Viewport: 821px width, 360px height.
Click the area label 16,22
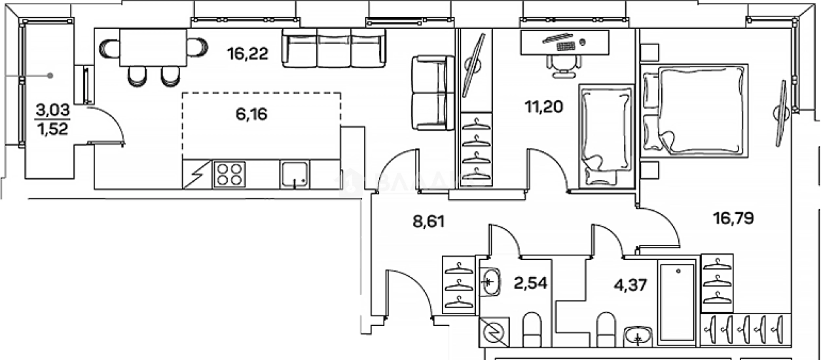point(248,54)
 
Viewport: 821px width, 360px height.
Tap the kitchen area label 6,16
point(252,115)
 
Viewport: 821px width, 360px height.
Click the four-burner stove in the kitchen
point(228,175)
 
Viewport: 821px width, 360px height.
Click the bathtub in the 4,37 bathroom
point(677,303)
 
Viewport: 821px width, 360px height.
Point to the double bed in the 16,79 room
point(699,111)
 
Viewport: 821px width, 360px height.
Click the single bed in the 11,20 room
point(606,135)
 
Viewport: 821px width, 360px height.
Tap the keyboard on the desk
point(565,45)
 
